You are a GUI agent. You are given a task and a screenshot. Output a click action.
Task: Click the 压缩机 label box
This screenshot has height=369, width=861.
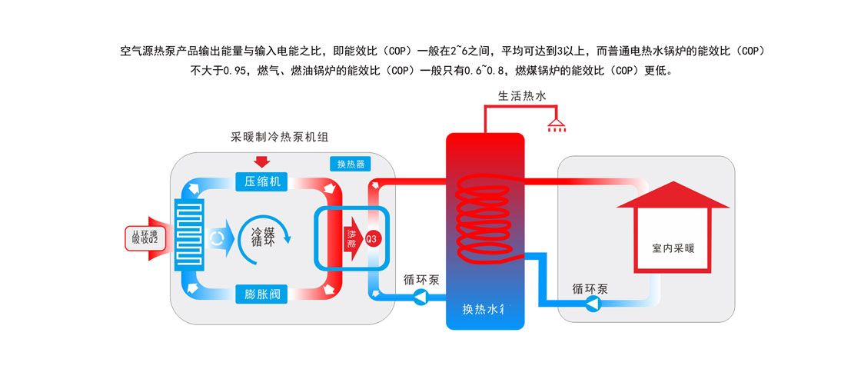coord(261,181)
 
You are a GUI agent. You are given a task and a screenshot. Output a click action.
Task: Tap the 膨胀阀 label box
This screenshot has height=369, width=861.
coord(261,293)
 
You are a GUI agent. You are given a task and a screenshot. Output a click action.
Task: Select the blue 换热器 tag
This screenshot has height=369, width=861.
coord(350,164)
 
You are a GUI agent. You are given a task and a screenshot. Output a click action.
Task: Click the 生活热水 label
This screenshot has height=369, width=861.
coord(523,97)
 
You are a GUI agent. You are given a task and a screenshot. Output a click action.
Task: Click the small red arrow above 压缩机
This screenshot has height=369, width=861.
coord(261,161)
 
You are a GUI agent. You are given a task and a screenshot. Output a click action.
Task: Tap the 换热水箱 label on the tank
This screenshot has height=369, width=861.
coord(487,309)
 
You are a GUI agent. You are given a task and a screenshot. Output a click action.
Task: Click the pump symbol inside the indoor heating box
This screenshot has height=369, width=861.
coord(593,304)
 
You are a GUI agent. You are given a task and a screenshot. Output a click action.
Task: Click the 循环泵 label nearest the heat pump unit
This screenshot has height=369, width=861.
coord(421,280)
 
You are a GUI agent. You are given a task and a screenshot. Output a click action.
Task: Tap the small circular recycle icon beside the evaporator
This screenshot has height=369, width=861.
coord(218,238)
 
